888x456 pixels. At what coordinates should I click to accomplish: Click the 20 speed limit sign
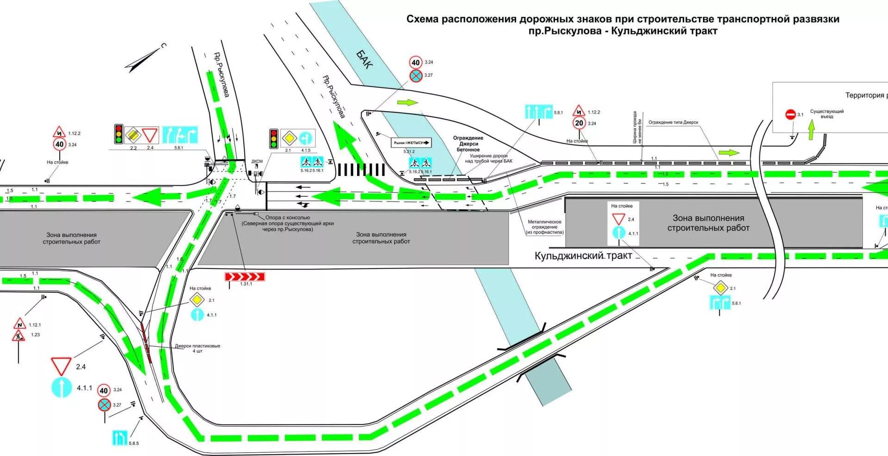[x=579, y=123]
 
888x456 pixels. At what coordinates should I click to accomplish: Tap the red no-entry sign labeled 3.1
[x=790, y=114]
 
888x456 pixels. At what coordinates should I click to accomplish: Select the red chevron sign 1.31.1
[x=245, y=277]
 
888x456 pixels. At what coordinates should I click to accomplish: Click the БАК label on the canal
[x=364, y=59]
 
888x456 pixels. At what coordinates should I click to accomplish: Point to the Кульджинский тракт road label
[x=583, y=256]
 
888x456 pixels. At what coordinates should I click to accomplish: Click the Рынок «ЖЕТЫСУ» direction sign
[x=412, y=143]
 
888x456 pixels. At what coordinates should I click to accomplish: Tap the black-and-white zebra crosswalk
[x=361, y=169]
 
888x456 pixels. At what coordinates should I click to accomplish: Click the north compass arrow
[x=145, y=59]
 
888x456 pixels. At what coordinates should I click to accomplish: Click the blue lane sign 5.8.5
[x=120, y=437]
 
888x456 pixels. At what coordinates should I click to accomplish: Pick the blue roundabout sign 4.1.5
[x=306, y=138]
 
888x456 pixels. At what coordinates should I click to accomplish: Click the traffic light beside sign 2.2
[x=119, y=134]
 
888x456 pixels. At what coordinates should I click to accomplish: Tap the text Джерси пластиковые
[x=197, y=346]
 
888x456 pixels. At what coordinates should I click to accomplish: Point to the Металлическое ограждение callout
[x=544, y=227]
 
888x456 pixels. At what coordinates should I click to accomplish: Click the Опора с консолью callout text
[x=287, y=218]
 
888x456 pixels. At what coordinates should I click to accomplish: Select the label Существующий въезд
[x=826, y=114]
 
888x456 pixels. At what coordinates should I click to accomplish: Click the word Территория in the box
[x=864, y=95]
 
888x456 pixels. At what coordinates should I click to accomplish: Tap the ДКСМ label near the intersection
[x=257, y=162]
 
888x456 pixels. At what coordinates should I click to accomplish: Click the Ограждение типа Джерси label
[x=673, y=122]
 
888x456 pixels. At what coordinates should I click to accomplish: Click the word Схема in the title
[x=422, y=19]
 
